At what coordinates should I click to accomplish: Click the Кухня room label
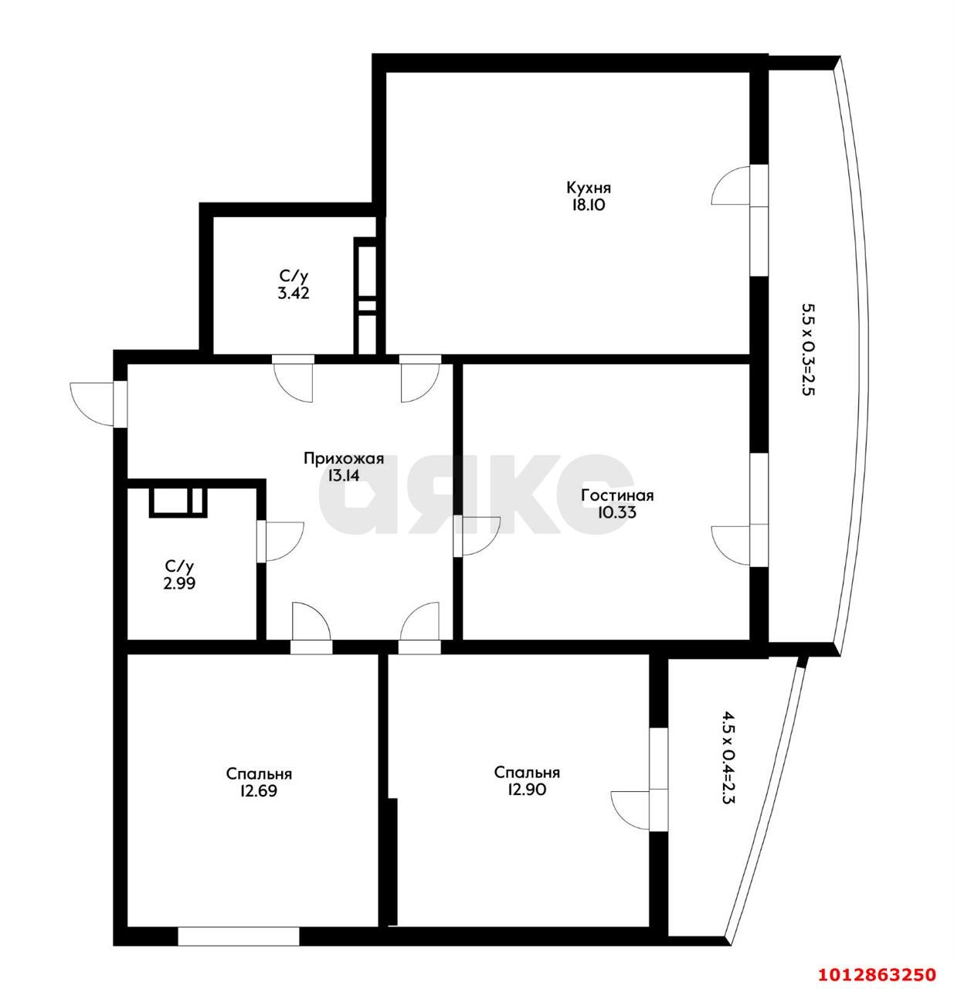tap(588, 188)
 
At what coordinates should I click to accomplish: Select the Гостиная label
tap(617, 495)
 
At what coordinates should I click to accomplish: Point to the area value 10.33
tap(616, 511)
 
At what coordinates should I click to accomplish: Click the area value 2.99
tap(179, 583)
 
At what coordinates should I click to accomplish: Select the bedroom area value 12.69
tap(259, 791)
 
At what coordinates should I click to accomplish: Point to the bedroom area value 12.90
tap(527, 790)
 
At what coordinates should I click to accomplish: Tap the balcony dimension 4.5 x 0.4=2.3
tap(727, 758)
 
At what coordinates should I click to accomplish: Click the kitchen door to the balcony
tap(734, 185)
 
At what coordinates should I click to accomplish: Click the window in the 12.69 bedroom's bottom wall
tap(238, 936)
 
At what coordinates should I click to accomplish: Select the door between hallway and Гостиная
tap(477, 535)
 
